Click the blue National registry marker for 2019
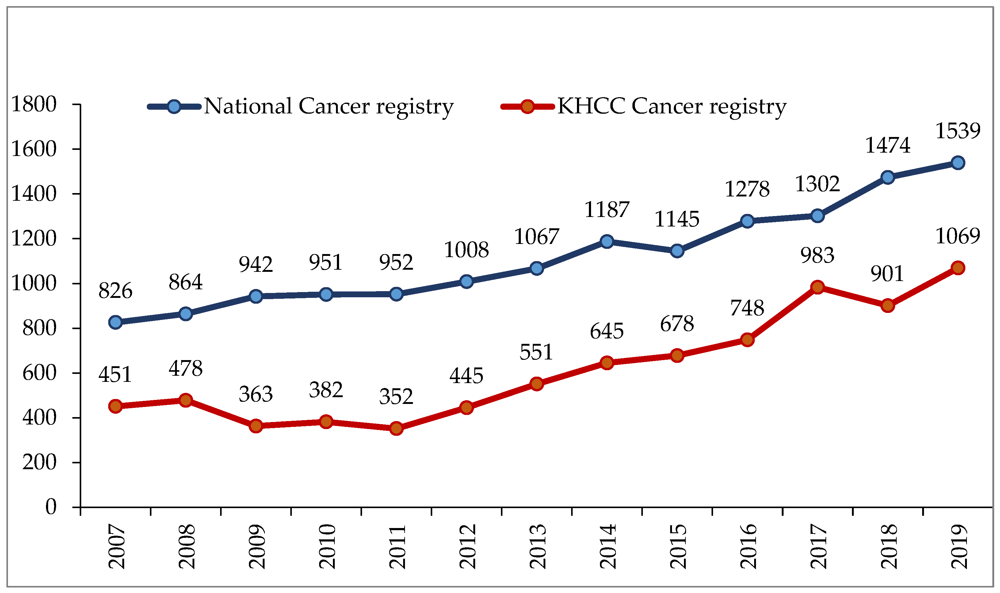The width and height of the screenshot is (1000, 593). tap(958, 163)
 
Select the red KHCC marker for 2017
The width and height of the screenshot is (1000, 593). tap(817, 287)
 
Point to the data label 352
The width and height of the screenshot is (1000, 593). tap(396, 397)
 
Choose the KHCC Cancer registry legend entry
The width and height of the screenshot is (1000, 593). tap(671, 106)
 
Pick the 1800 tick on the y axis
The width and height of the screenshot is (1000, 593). tap(34, 105)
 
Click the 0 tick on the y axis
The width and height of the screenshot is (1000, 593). tap(51, 507)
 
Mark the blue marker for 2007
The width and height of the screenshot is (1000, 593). tap(116, 322)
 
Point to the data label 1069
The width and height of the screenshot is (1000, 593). tap(958, 236)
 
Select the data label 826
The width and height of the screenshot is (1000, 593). tap(116, 291)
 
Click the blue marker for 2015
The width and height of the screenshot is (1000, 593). tap(677, 251)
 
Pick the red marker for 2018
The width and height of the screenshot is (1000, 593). tap(887, 306)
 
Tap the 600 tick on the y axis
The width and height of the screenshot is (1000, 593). tap(40, 373)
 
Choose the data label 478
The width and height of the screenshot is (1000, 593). tap(185, 368)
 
